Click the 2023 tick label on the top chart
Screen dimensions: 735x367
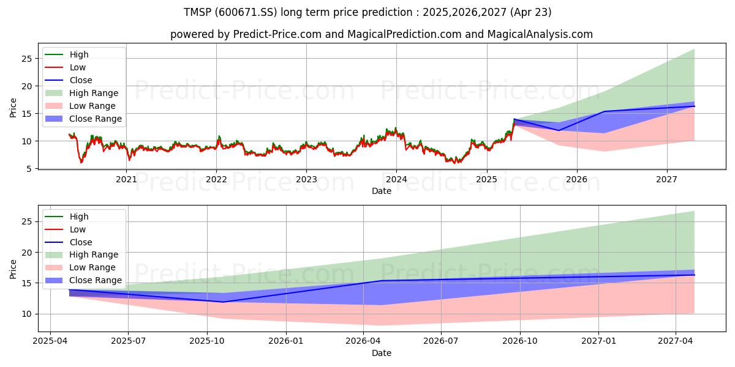[x=306, y=180]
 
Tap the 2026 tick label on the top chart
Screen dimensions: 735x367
[x=577, y=180]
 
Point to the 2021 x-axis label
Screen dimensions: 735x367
[x=126, y=180]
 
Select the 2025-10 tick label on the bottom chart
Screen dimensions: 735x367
[x=207, y=341]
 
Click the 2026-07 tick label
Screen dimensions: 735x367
[x=441, y=341]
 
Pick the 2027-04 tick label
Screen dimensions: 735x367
[x=676, y=341]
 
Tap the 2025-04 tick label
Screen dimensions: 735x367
[x=50, y=341]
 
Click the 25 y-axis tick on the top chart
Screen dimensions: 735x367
[x=27, y=59]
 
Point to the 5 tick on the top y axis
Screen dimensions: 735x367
[x=29, y=169]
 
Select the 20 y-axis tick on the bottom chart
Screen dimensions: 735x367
[x=27, y=253]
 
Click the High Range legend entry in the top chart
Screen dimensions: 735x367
[x=81, y=93]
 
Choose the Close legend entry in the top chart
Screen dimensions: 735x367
[x=69, y=80]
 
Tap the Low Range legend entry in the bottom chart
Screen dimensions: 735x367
[x=80, y=267]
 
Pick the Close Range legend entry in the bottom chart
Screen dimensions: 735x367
[x=83, y=280]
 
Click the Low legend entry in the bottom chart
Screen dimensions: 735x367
[x=66, y=229]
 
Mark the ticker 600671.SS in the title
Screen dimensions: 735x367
[x=246, y=12]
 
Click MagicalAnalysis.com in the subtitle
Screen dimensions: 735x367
[x=540, y=34]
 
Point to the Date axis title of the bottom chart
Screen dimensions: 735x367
[x=381, y=354]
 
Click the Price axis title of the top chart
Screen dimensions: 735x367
[x=13, y=108]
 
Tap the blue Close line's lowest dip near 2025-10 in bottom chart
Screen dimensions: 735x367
[x=223, y=302]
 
